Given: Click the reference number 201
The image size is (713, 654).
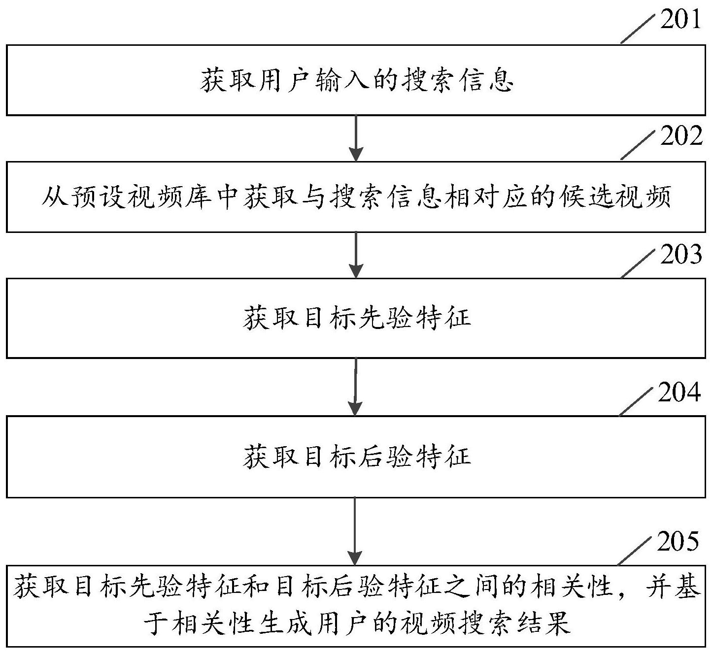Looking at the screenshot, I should coord(680,20).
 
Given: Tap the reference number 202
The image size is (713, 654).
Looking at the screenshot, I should coord(681,136).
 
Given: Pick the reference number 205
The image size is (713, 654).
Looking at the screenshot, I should coord(678,542).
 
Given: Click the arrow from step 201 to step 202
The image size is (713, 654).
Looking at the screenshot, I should coord(355,138).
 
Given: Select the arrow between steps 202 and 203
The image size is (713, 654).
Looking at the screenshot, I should coord(355,255).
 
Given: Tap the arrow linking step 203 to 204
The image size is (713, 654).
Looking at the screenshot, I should coord(355,387).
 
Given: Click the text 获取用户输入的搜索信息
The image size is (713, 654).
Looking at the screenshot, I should coord(356,81).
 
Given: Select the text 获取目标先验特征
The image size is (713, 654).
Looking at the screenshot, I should coord(356,318).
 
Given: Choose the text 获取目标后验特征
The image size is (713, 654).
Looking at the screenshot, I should coord(356,457).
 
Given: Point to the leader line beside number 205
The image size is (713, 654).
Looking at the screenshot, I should coord(636,551).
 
